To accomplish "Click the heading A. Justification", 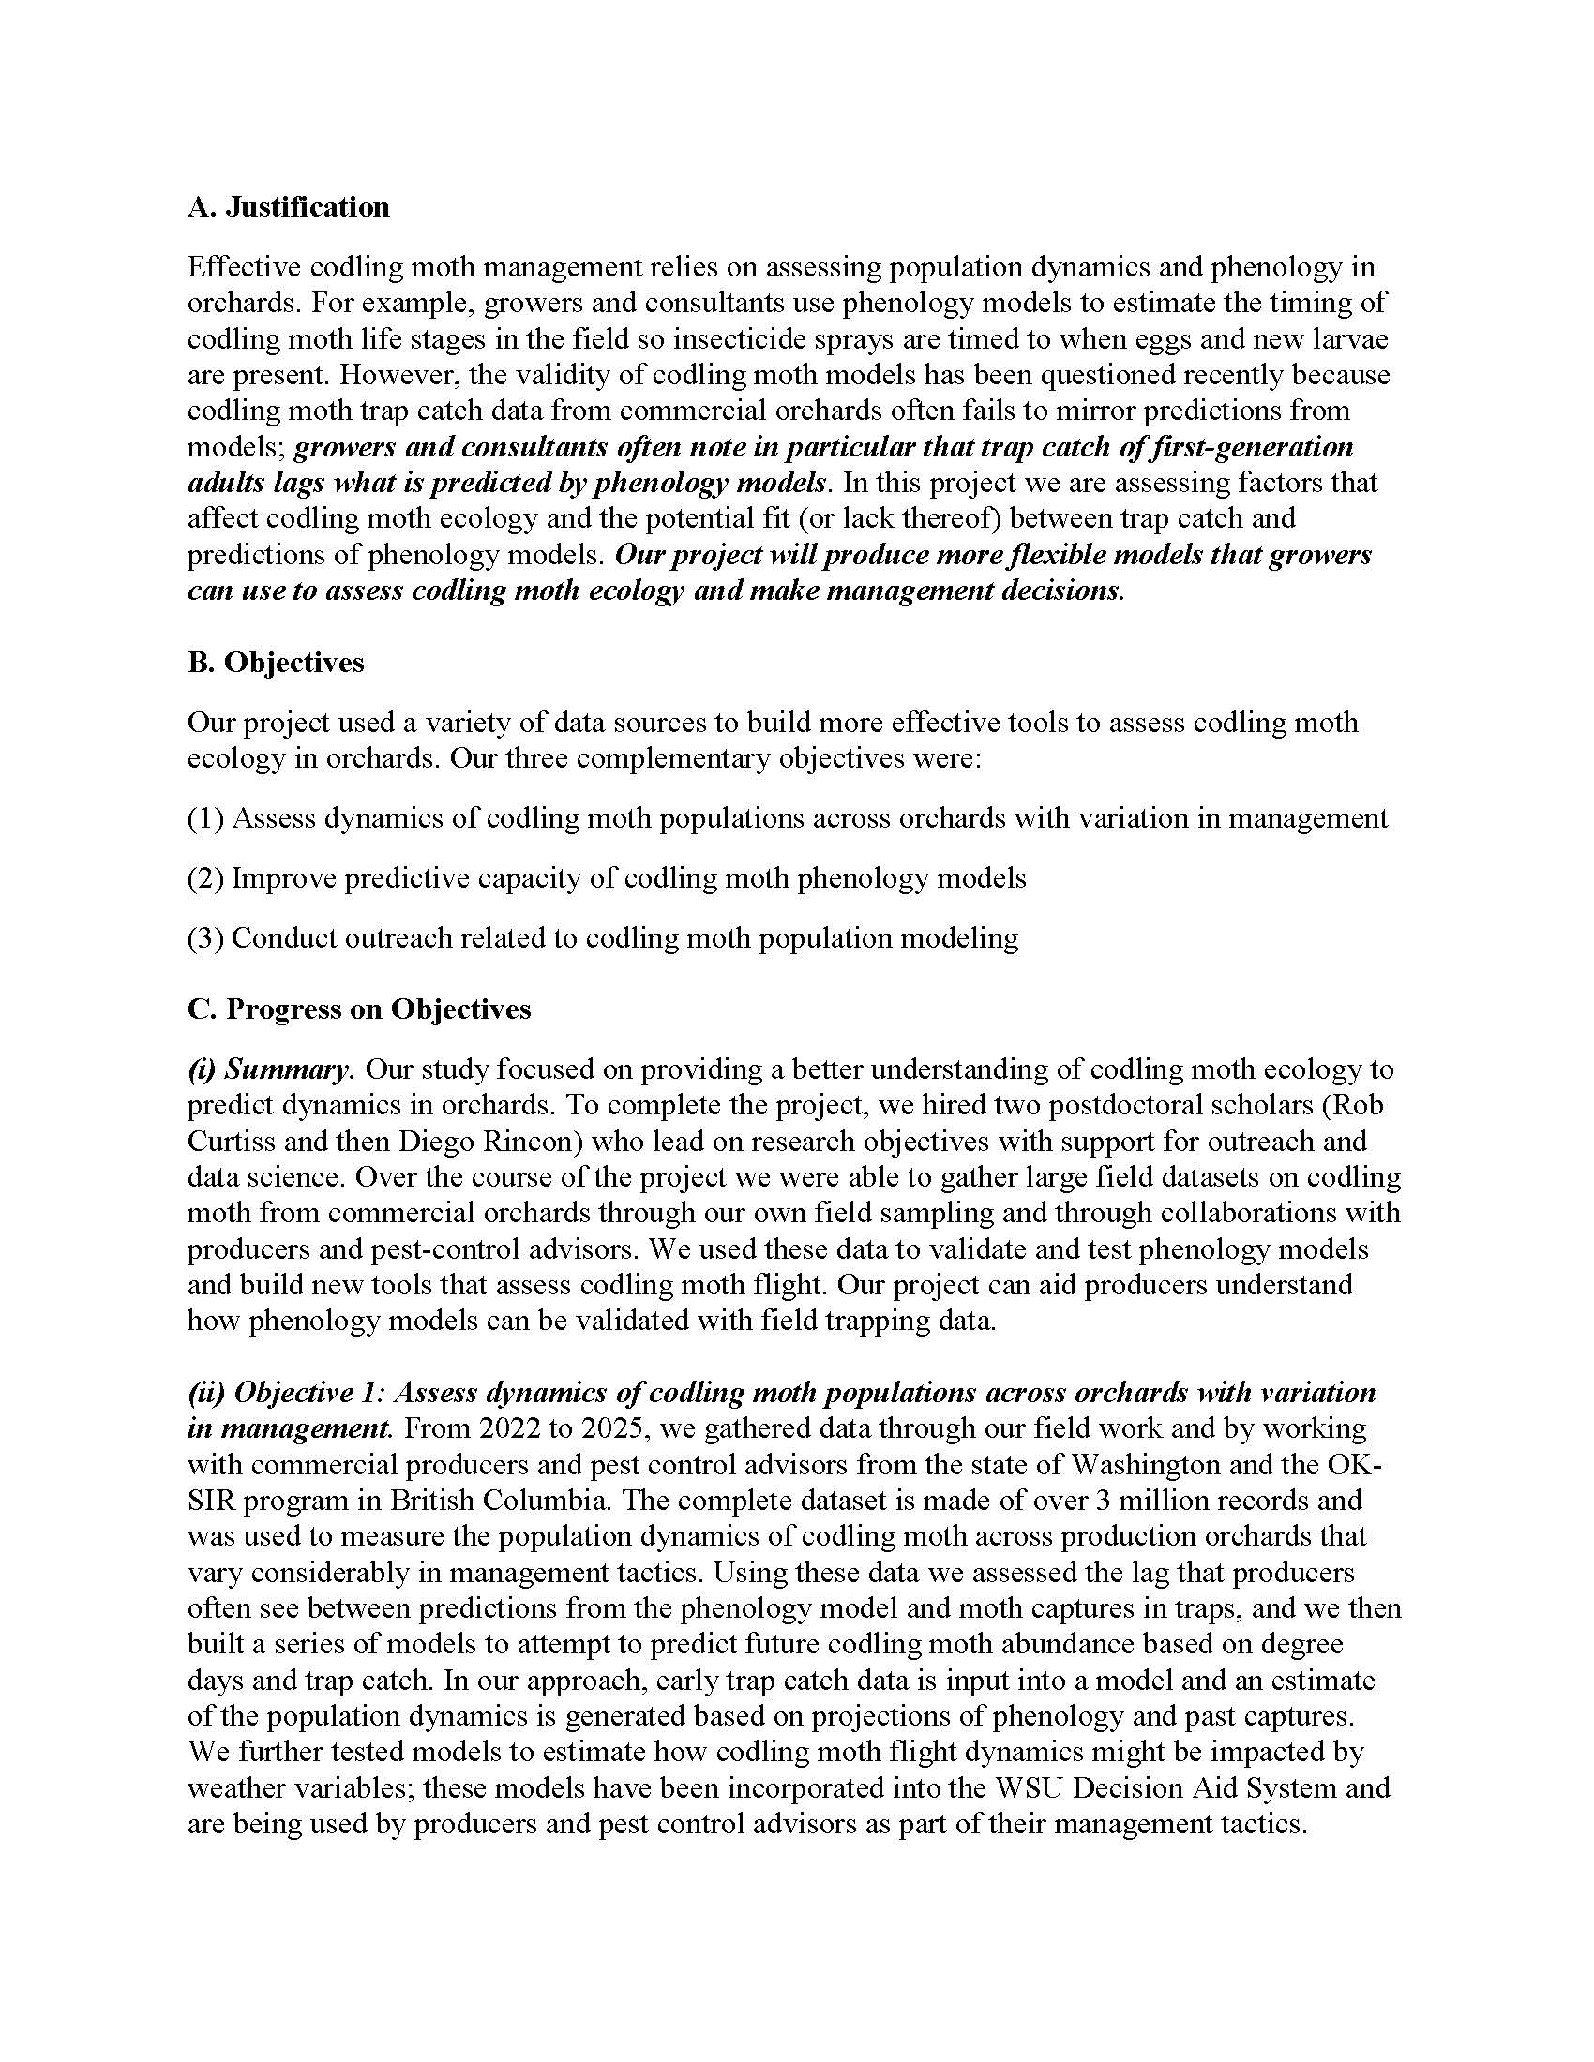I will tap(288, 207).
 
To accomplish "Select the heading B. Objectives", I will tap(275, 662).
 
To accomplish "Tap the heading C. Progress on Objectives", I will tap(359, 1009).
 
